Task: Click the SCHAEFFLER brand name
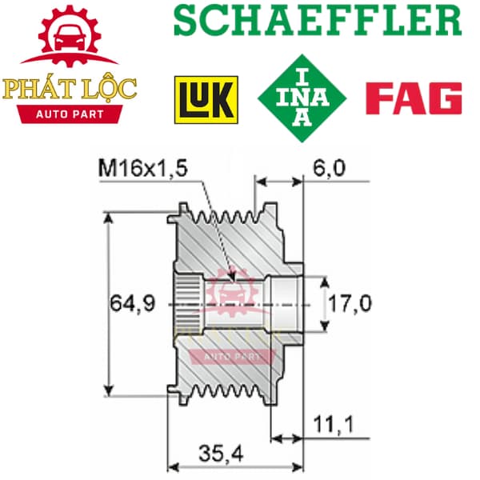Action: (x=318, y=20)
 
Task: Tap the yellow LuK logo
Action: (x=206, y=100)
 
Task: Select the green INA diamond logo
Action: (x=302, y=98)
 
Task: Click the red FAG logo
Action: (x=414, y=98)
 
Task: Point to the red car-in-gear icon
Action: (x=70, y=35)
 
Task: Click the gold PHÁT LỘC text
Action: (x=69, y=89)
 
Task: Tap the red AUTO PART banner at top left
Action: (x=70, y=114)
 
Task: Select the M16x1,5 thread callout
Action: (x=142, y=168)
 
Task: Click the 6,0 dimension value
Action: (x=329, y=168)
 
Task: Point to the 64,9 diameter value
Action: (x=133, y=303)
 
